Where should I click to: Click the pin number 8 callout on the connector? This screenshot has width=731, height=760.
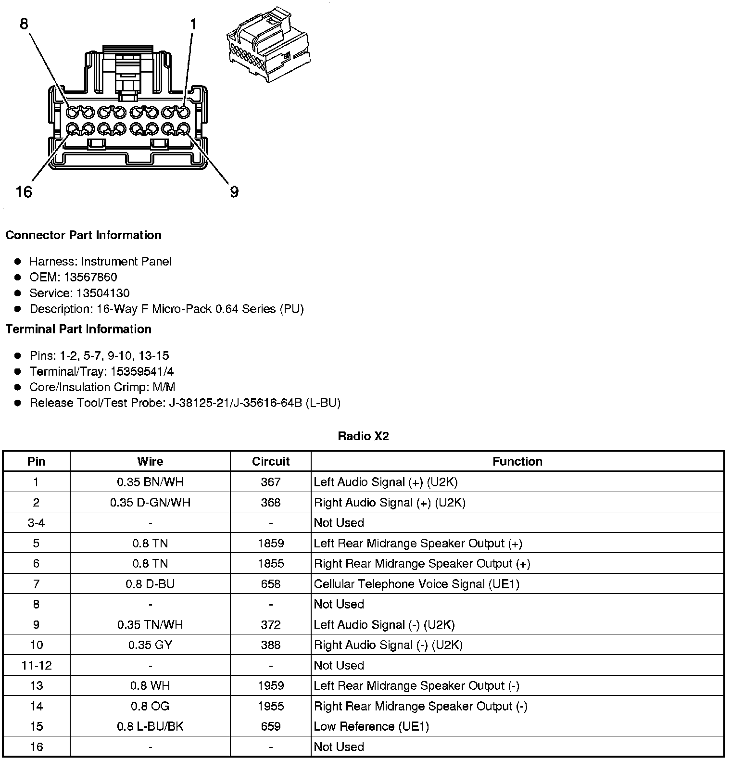24,24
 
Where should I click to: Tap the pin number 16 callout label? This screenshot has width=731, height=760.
24,192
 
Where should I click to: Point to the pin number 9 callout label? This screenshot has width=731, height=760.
234,192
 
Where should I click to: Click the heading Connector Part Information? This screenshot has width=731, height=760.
83,235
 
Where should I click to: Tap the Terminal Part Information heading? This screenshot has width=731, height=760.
78,329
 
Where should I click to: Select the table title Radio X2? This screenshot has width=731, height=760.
363,436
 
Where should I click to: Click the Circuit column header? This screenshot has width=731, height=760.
271,461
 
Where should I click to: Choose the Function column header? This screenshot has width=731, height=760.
517,461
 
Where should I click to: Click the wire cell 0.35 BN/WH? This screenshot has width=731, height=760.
150,482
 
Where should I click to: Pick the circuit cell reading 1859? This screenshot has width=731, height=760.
271,543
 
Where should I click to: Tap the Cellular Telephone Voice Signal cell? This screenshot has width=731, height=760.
416,584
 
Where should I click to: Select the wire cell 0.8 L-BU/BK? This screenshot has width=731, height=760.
150,726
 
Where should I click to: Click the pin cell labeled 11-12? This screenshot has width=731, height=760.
37,665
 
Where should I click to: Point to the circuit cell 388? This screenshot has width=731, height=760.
271,645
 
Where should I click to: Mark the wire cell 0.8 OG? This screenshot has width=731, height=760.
150,706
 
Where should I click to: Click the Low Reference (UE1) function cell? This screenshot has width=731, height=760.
371,726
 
